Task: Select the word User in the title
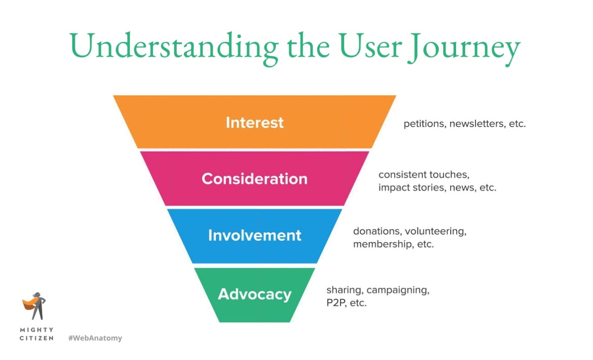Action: point(370,46)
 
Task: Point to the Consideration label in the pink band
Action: point(254,179)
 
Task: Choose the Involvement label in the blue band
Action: point(254,235)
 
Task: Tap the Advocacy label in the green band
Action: point(254,294)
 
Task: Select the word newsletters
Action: point(478,124)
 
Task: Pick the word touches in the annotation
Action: point(450,175)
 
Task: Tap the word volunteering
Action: point(436,232)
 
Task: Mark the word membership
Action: point(383,244)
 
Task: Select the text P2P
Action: point(336,303)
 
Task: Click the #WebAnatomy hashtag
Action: point(95,338)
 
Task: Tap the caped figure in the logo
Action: point(35,306)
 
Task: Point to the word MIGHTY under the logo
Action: point(37,330)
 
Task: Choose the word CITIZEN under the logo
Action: point(37,338)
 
